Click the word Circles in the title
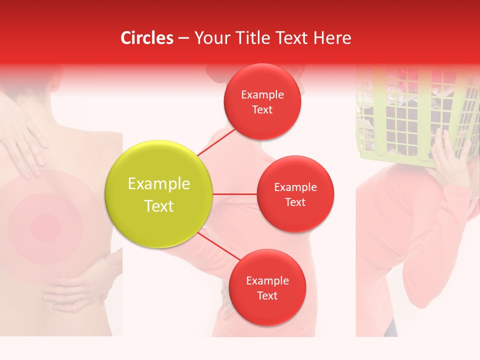[146, 38]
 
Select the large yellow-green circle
[159, 194]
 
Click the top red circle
[262, 101]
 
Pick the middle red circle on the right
[295, 194]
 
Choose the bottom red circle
[267, 288]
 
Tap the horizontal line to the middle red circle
[235, 194]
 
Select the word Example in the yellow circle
[159, 184]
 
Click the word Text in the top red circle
[262, 110]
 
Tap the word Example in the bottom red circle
[267, 280]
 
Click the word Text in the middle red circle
[295, 202]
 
